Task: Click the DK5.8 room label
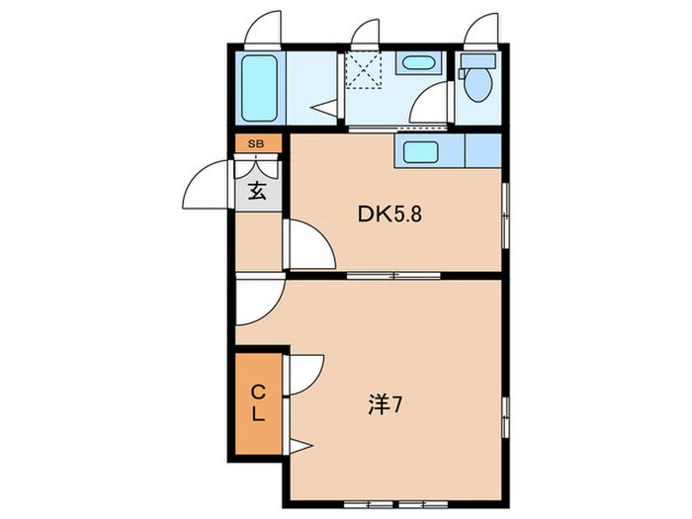(x=389, y=215)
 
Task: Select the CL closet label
(x=258, y=402)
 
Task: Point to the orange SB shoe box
(x=258, y=143)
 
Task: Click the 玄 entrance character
(x=257, y=191)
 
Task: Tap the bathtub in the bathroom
(x=259, y=88)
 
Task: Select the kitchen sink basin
(x=420, y=151)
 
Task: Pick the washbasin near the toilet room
(x=418, y=62)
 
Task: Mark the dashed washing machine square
(x=363, y=70)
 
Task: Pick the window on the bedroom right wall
(x=506, y=417)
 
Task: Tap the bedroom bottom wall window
(x=395, y=504)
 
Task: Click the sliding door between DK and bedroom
(x=393, y=276)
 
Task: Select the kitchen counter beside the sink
(x=483, y=150)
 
